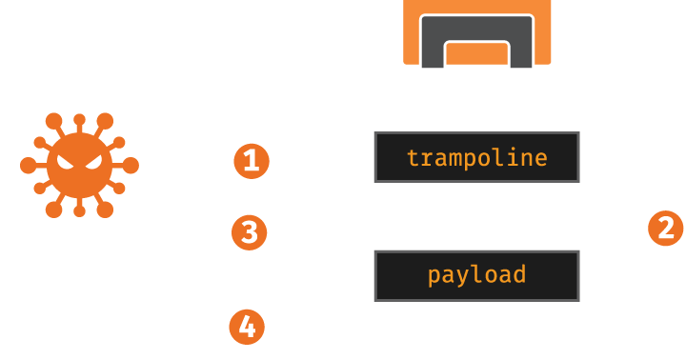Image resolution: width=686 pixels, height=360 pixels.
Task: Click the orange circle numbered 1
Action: [x=252, y=161]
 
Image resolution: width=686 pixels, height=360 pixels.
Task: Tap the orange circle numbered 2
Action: [x=665, y=228]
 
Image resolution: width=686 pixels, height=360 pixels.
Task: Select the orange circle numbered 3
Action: [x=249, y=232]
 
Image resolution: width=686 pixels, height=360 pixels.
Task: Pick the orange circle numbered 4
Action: [x=247, y=327]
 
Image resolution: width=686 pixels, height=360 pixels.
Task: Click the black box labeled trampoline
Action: [x=477, y=157]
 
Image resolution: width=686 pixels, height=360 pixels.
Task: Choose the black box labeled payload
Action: [x=477, y=276]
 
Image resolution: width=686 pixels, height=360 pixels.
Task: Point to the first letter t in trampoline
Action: [x=413, y=158]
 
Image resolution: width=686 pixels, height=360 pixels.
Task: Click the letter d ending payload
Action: [x=519, y=274]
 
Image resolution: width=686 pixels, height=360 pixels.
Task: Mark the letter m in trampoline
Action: [x=455, y=160]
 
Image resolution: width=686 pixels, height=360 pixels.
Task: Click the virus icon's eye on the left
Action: [x=66, y=163]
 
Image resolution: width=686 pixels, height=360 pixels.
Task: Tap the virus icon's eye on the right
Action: [x=93, y=163]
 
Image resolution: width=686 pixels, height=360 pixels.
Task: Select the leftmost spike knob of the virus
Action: [x=28, y=166]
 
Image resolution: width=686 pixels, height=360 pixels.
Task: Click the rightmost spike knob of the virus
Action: [x=131, y=166]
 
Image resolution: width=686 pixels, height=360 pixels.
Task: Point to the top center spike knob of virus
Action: [x=79, y=119]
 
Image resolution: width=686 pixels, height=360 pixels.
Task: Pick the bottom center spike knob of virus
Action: [x=79, y=211]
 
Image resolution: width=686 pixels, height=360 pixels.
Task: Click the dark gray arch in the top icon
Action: [x=477, y=28]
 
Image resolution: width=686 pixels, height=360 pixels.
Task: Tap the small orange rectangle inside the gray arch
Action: [x=477, y=54]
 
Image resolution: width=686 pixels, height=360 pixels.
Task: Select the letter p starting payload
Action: [x=434, y=277]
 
